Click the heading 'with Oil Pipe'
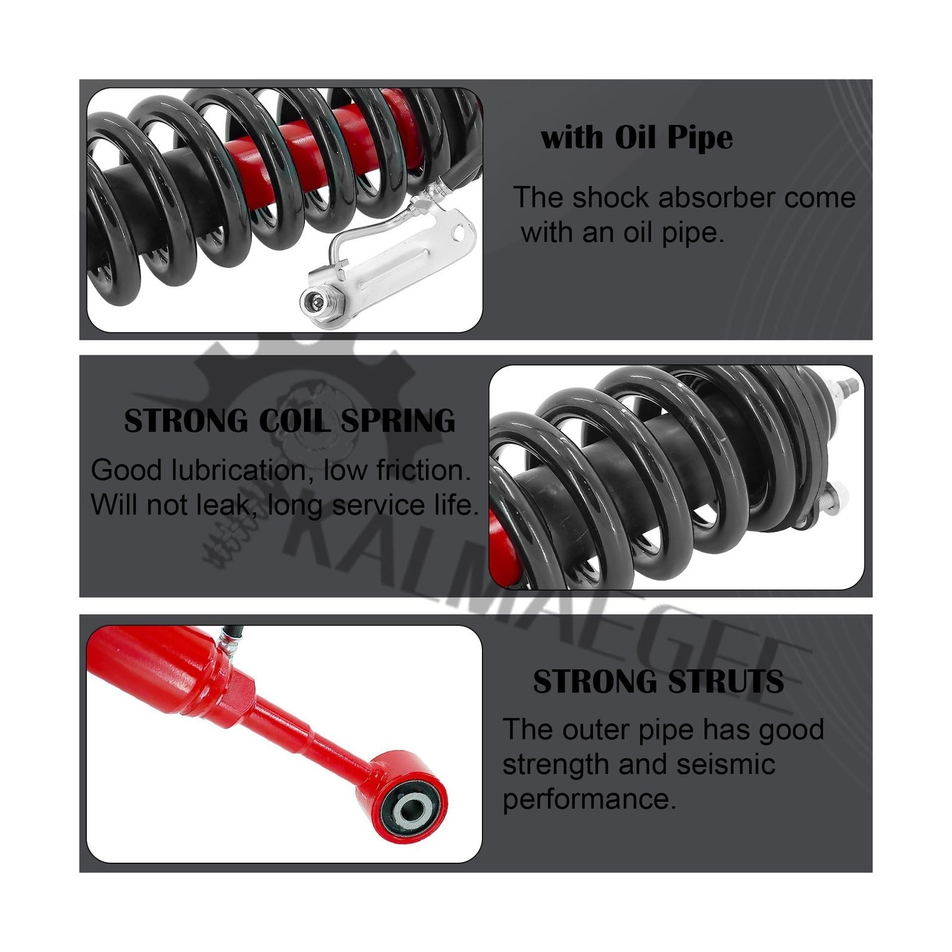637,138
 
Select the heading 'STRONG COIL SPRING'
289,421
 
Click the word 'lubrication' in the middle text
243,470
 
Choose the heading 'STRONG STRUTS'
658,682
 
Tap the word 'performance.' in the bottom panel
590,798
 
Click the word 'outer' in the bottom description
598,729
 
